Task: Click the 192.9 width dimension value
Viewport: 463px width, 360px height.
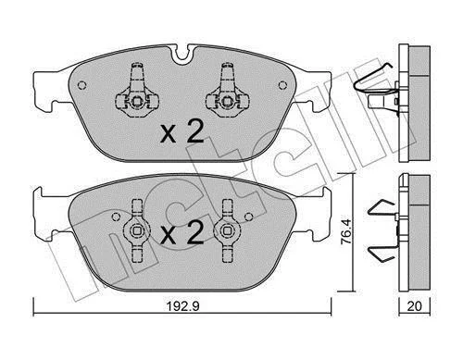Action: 183,306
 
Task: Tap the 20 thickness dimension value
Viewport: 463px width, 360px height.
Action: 414,306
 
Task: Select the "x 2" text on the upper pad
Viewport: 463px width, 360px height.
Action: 182,131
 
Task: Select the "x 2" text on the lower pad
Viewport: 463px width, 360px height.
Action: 182,233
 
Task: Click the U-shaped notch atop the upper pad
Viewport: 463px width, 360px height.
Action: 181,56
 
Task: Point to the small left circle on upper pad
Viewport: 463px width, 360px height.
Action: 81,85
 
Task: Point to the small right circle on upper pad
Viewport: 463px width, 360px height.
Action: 282,85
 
